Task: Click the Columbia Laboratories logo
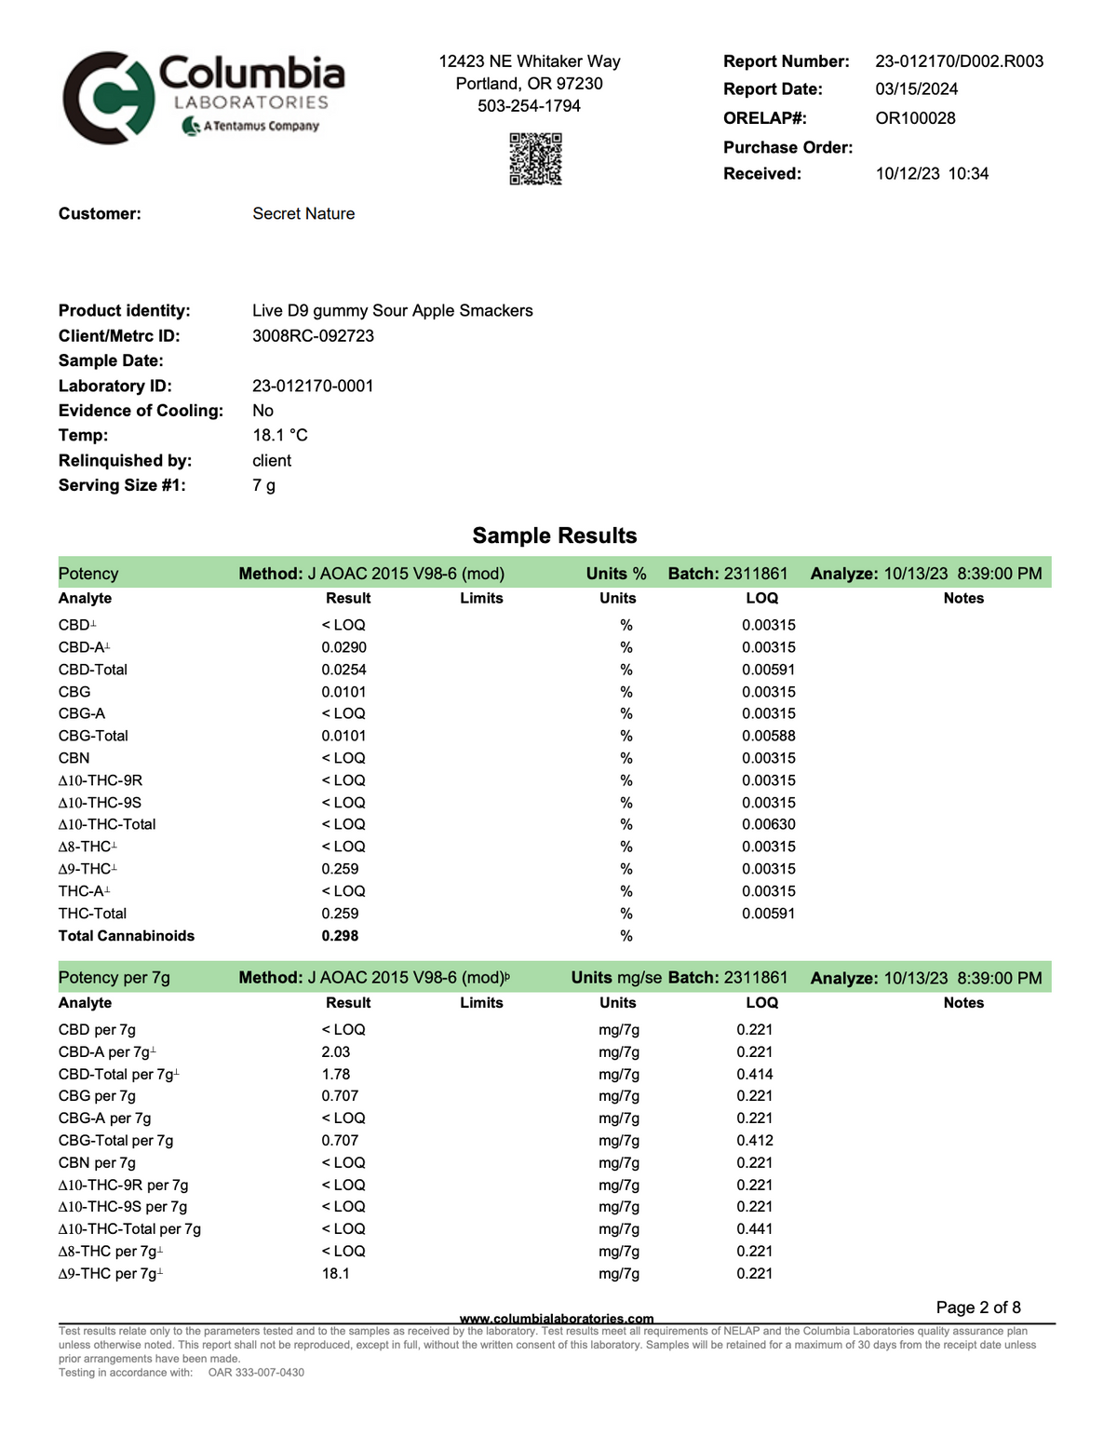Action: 203,98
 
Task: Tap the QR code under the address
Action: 535,158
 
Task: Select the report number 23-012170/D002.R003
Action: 959,61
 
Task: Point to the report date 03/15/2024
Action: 916,89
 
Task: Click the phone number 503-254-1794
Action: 529,106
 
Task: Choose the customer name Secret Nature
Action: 303,214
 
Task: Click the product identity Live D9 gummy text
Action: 392,311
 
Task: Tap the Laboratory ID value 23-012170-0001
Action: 313,386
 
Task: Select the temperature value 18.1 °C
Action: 279,436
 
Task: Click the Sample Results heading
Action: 555,535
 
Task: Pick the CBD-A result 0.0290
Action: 343,647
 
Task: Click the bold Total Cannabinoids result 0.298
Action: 340,936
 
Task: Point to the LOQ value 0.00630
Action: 768,824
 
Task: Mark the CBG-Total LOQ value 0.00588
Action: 768,736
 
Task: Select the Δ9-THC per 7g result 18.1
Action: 335,1273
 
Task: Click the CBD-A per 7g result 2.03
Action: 335,1052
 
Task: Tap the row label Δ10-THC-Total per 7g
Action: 129,1229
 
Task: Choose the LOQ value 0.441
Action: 754,1229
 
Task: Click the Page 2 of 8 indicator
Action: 977,1308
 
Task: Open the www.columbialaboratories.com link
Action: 557,1319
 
